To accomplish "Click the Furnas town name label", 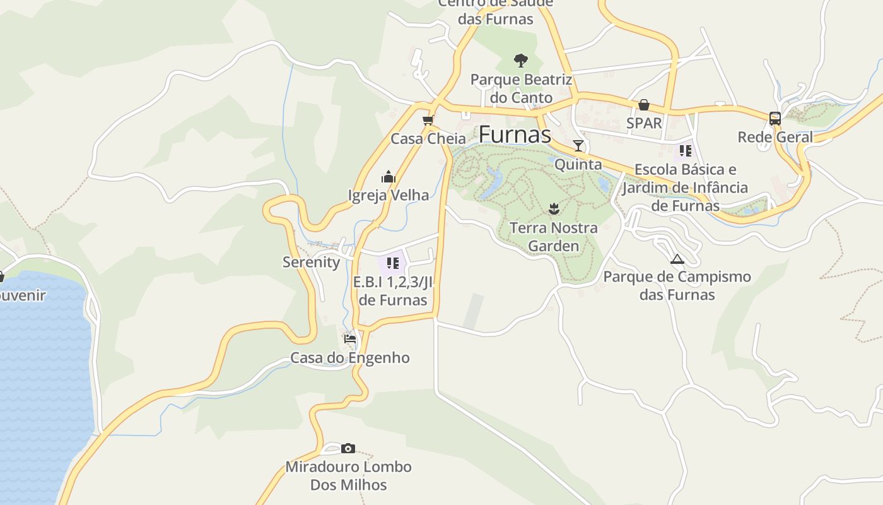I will pos(515,134).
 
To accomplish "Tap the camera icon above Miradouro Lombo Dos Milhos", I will pos(348,449).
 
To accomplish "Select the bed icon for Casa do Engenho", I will pos(350,339).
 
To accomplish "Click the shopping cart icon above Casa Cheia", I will pos(428,120).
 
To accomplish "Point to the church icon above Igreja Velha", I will pos(388,177).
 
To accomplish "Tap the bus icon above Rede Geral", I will pos(775,118).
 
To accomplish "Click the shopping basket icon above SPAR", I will pos(644,105).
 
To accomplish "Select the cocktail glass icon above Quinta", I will pos(578,146).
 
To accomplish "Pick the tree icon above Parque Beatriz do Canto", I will pos(521,61).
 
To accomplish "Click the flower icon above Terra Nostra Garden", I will pos(554,209).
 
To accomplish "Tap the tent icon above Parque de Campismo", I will pos(677,258).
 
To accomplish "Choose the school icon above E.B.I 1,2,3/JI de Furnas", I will pos(393,263).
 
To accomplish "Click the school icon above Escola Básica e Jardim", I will pos(685,151).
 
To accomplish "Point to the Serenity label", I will pos(311,262).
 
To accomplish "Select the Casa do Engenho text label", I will pos(349,358).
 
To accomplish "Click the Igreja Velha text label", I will pos(389,195).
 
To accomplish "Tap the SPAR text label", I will pos(644,123).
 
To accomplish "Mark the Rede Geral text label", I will pos(775,137).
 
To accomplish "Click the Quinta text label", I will pos(578,164).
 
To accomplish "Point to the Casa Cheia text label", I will pos(428,138).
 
